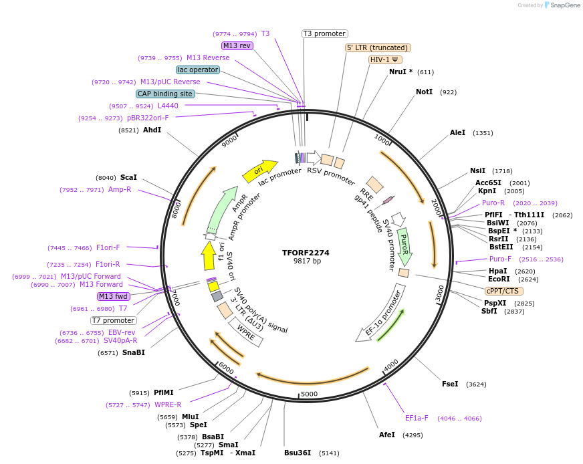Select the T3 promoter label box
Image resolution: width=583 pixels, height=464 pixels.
(325, 33)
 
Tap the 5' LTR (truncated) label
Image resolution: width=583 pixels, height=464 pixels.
(378, 47)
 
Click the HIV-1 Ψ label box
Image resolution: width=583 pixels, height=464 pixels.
(385, 60)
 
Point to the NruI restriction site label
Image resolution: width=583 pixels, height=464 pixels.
(400, 72)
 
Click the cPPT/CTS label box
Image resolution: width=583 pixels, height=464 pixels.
(504, 291)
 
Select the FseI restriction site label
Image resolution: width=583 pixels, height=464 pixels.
(450, 384)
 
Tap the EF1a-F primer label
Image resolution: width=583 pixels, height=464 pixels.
(417, 419)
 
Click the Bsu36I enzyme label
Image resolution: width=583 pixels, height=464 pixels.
(298, 453)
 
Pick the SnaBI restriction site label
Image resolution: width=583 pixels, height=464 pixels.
(133, 352)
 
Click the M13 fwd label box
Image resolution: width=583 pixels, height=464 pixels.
(113, 296)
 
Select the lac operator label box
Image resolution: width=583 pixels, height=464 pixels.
(198, 70)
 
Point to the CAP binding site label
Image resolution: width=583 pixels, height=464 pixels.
(165, 94)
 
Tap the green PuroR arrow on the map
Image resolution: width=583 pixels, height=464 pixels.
(404, 244)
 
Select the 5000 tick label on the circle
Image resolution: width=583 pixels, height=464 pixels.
(308, 394)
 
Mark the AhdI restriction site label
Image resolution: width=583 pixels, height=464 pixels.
(152, 130)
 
